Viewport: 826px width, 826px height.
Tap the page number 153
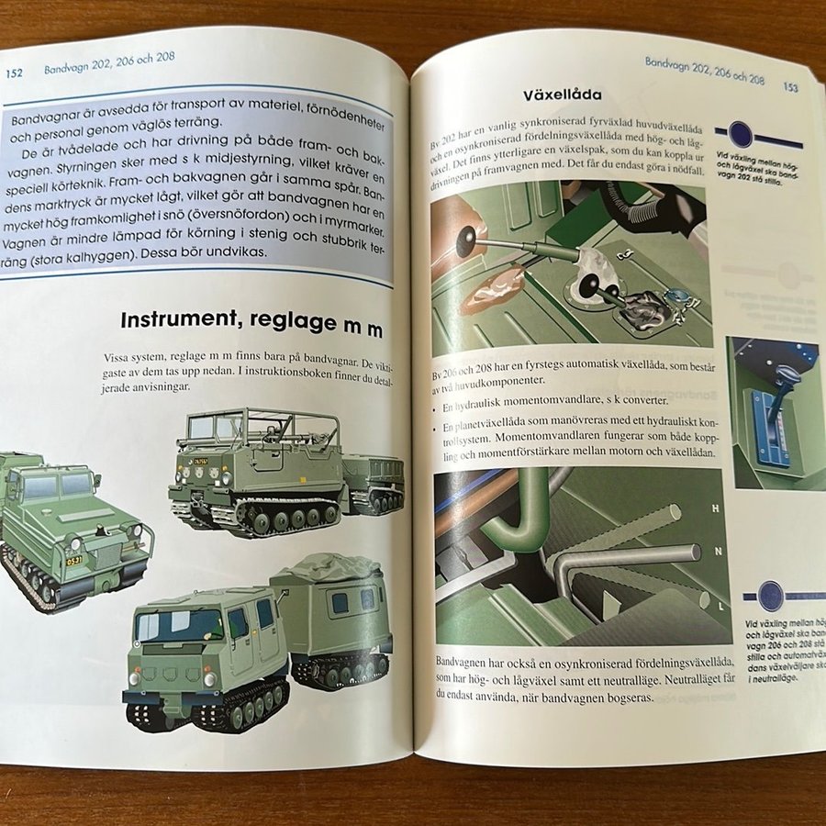[x=789, y=87]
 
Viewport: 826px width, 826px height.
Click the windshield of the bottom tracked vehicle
[x=179, y=624]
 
